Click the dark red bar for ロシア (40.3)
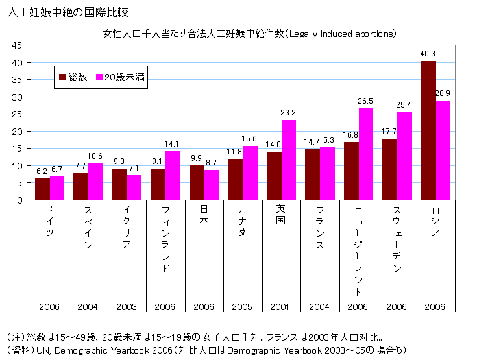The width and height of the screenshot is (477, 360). coord(428,130)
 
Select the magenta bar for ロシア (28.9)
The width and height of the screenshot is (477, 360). coord(443,150)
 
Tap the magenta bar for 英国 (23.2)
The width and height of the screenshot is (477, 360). coord(289,160)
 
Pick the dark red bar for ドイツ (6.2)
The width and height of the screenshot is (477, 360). coord(42,189)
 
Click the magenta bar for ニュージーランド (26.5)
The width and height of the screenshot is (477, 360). coord(366,154)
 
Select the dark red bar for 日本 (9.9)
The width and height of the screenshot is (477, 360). coord(197,182)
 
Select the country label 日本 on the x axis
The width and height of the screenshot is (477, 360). coord(204,221)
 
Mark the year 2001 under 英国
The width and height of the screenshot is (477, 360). coord(281,306)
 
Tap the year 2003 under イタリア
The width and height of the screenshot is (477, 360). coord(127,306)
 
